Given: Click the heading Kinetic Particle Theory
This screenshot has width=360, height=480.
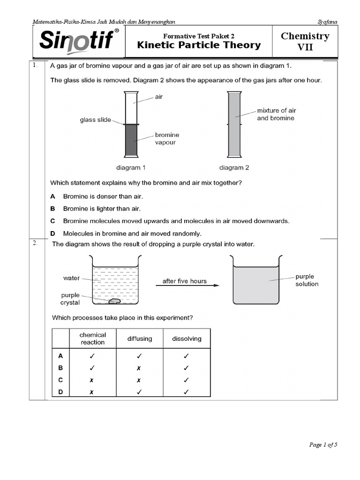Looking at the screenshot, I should [198, 45].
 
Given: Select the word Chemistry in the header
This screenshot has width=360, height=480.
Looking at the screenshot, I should [305, 36].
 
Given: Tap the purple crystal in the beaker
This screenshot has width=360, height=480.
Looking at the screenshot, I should [115, 301].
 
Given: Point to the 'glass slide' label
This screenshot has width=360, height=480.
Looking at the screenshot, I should [95, 120].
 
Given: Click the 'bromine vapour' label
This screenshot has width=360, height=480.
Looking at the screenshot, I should [167, 138].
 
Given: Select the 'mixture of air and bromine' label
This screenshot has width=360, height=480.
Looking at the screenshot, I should [276, 114].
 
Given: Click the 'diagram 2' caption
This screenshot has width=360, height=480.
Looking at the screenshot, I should [234, 167].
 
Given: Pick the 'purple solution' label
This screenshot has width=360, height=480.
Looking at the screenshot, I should [307, 280].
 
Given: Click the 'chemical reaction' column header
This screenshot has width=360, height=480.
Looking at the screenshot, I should [92, 338].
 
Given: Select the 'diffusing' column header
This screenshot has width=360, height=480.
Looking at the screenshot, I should [139, 338].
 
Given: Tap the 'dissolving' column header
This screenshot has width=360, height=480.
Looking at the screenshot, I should [187, 338].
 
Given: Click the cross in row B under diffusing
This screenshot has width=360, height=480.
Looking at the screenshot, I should [139, 368].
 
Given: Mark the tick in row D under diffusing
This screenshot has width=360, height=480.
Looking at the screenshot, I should [139, 392].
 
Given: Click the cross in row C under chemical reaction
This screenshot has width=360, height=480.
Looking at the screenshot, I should [92, 380].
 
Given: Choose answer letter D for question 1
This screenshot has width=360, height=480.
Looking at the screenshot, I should [53, 233].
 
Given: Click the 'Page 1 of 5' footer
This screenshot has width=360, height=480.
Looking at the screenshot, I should [323, 445].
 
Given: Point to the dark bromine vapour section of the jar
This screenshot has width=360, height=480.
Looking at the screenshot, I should [131, 140].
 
